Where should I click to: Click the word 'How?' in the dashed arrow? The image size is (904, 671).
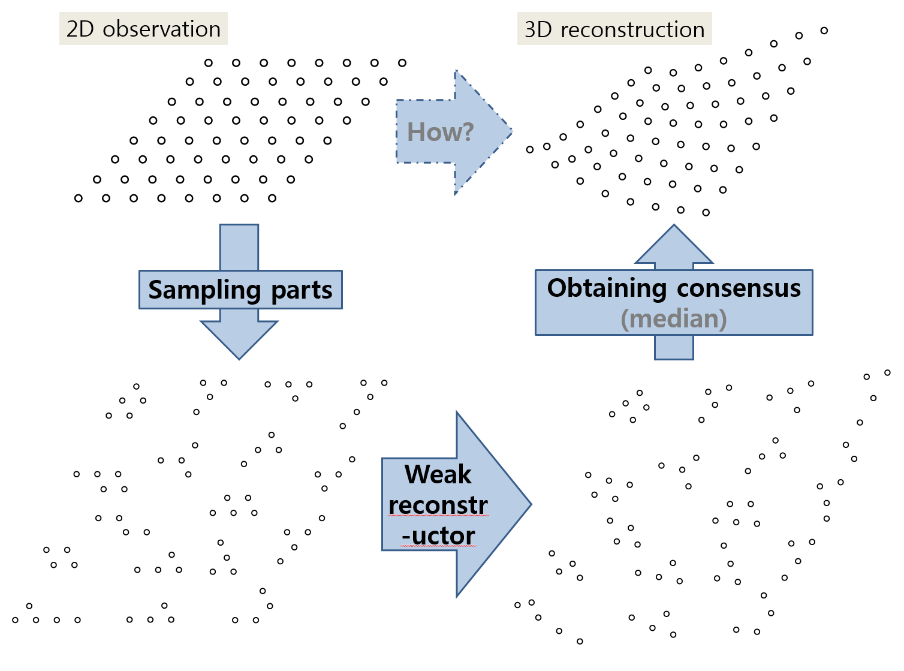point(440,132)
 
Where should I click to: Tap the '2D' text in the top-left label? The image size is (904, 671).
point(80,29)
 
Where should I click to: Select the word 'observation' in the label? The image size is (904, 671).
point(161,29)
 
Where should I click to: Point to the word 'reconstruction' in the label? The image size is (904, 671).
point(632,30)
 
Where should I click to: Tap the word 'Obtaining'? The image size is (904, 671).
point(607,288)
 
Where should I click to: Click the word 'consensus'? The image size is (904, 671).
point(739,288)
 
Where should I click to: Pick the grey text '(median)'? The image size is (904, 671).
point(674,318)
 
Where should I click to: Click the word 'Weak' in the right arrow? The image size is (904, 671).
point(438,474)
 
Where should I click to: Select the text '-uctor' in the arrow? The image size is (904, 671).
point(438,535)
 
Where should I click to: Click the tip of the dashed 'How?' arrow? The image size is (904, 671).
point(512,131)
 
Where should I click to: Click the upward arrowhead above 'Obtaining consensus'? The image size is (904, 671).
point(674,245)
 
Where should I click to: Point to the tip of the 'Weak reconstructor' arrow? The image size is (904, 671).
point(531,504)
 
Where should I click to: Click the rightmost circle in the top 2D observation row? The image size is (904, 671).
point(402,63)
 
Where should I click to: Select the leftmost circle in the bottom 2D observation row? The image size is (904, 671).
point(79,198)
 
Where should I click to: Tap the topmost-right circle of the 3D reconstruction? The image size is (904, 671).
point(824,31)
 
